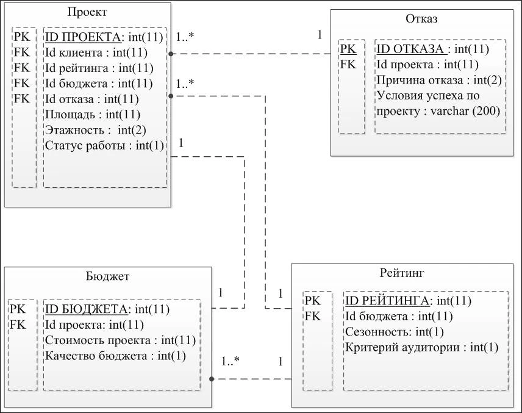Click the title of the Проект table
(x=87, y=12)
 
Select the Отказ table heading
(x=421, y=19)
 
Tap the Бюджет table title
(x=107, y=277)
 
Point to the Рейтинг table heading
(x=402, y=273)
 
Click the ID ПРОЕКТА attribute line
(x=104, y=37)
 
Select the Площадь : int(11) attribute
(x=93, y=115)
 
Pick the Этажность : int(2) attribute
(x=96, y=130)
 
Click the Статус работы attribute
(x=104, y=146)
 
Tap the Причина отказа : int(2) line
(x=439, y=81)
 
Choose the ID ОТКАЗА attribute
(x=433, y=49)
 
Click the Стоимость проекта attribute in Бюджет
(x=120, y=340)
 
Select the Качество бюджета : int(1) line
(x=115, y=356)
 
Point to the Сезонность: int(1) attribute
(x=395, y=332)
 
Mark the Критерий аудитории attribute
(x=422, y=347)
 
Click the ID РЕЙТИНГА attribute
(x=408, y=301)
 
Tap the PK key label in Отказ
(x=348, y=49)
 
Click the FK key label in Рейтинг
(x=313, y=317)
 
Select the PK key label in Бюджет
(x=18, y=309)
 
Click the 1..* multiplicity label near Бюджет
(x=231, y=361)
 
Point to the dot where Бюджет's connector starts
(x=212, y=379)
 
